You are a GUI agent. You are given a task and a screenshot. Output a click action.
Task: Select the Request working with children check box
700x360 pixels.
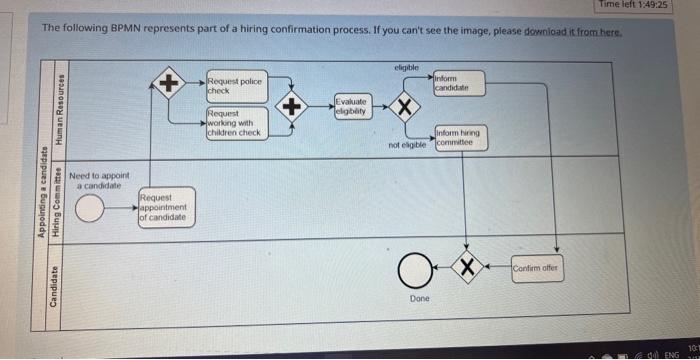click(x=235, y=123)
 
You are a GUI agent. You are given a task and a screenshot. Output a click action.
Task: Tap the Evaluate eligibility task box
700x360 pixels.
click(x=352, y=106)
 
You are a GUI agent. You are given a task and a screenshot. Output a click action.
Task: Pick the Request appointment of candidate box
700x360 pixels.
click(x=163, y=208)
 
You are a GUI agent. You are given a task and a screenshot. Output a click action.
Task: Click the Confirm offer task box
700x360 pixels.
click(x=537, y=269)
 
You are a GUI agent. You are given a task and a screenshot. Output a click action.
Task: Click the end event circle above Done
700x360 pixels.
click(x=414, y=268)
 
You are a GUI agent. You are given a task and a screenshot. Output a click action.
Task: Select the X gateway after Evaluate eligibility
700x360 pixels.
click(x=405, y=107)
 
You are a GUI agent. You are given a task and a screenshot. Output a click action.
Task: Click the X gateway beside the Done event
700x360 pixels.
click(x=466, y=268)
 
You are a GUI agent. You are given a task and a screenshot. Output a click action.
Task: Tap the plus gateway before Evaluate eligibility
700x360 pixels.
click(x=293, y=106)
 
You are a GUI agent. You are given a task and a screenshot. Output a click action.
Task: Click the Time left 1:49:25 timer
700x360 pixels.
click(x=632, y=5)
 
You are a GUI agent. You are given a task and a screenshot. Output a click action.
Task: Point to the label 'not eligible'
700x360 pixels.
click(x=408, y=145)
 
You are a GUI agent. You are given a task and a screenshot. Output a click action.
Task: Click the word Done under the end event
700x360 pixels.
click(x=420, y=298)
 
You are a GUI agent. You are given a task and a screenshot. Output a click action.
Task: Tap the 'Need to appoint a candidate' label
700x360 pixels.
click(x=98, y=180)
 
